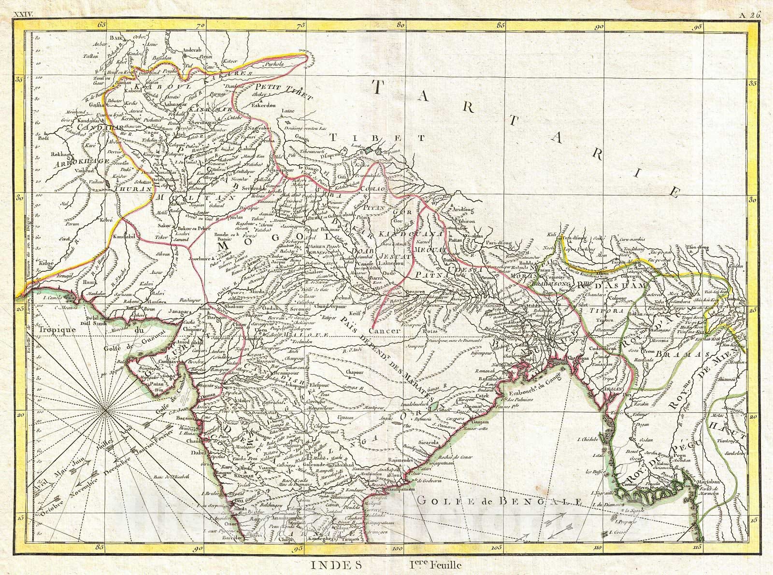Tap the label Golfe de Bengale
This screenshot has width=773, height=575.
[x=500, y=502]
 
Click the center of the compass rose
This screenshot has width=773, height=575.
[x=105, y=411]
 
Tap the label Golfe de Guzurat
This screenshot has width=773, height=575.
[x=127, y=347]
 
